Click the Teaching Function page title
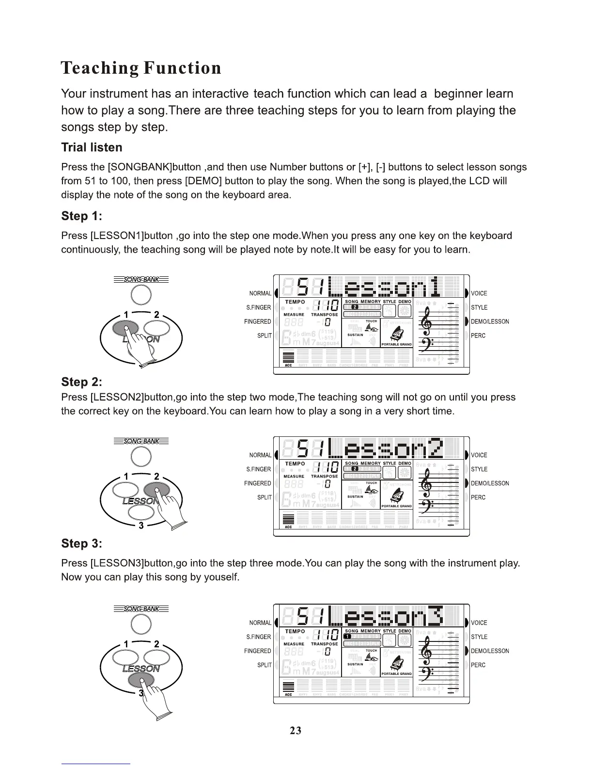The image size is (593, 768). point(141,68)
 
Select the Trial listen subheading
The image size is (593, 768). point(92,147)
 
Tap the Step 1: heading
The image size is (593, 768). point(81,216)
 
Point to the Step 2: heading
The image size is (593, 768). point(81,382)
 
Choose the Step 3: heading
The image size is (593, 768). point(81,544)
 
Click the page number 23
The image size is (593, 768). point(296,730)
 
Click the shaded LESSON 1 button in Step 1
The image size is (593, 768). point(125,329)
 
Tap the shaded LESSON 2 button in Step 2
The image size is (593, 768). point(156,490)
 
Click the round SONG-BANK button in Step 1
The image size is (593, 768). point(141,295)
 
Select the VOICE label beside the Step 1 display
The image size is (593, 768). point(479,293)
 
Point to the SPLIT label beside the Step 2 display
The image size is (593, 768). point(264,497)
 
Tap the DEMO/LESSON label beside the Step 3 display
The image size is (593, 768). point(490,651)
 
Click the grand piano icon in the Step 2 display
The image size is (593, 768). point(396,496)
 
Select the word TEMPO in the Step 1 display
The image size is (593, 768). point(295,302)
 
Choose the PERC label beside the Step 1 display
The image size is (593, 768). point(478,336)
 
